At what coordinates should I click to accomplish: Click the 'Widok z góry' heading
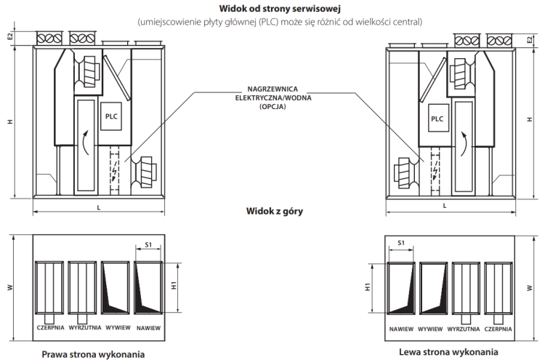point(274,212)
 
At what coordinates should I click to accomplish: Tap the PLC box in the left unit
point(110,116)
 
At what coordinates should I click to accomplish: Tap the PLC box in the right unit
point(437,119)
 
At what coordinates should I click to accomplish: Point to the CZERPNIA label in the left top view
point(50,327)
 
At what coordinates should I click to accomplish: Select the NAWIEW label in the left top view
point(149,328)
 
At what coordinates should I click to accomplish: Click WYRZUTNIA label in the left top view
point(84,327)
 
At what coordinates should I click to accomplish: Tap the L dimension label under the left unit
point(98,207)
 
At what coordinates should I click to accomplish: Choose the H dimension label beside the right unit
point(529,121)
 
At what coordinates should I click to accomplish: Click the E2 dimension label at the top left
point(10,36)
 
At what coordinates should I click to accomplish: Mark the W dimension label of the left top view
point(10,287)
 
